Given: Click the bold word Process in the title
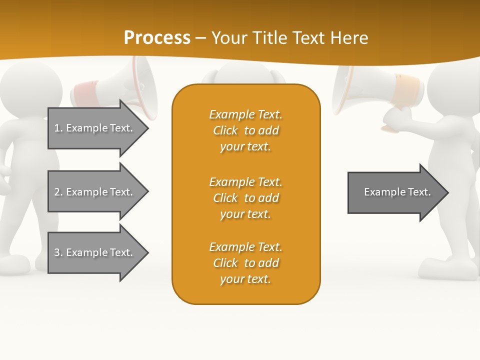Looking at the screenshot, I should click(157, 38).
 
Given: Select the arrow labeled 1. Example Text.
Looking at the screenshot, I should click(93, 128).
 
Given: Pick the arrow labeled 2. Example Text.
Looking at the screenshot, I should click(93, 192).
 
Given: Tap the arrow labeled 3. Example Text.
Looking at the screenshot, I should click(93, 252).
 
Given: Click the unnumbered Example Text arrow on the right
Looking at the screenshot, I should click(397, 192).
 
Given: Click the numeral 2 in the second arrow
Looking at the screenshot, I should click(57, 192).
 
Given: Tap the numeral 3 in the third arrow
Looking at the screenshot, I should click(57, 252).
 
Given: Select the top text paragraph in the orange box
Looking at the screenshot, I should click(245, 130).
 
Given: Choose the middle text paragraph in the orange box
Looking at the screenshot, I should click(245, 198).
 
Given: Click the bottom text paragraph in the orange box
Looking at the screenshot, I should click(245, 263).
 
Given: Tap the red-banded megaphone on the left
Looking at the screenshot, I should click(120, 87).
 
